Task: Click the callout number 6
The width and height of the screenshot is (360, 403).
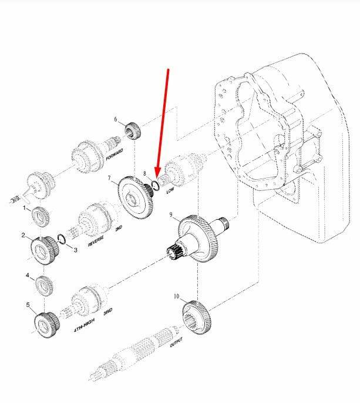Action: pos(116,119)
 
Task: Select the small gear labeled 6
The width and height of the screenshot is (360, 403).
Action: pos(133,131)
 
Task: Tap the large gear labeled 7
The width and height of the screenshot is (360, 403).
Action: pos(136,197)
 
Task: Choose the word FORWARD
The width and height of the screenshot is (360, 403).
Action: pos(115,154)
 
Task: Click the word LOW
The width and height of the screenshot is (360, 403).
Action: pos(170,190)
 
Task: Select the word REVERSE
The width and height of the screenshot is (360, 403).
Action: pos(96,241)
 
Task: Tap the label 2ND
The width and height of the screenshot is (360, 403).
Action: pos(119,228)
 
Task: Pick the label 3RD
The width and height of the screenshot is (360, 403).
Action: pos(107,312)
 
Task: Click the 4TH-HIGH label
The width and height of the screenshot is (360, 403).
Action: pos(84,325)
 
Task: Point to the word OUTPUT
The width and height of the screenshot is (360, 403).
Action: pos(176,342)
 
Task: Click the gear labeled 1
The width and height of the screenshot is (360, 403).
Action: pos(41,217)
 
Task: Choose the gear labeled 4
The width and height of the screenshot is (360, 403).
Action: pos(44,286)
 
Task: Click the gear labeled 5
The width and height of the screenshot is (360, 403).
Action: pos(46,325)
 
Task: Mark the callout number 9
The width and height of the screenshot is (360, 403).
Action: pos(171,214)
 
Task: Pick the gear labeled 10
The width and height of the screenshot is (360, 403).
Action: pos(197,318)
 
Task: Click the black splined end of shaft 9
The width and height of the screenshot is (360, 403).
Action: pos(174,251)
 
